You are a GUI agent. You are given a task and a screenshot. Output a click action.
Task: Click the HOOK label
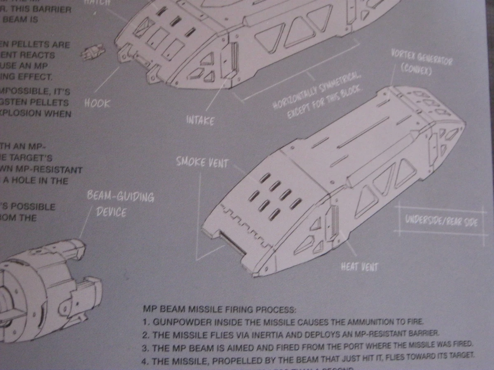pyautogui.click(x=97, y=103)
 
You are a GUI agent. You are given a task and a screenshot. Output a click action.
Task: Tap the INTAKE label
pyautogui.click(x=200, y=121)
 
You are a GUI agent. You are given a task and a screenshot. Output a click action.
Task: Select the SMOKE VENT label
pyautogui.click(x=202, y=162)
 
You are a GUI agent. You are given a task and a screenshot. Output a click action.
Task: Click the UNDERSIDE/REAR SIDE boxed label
pyautogui.click(x=441, y=221)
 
